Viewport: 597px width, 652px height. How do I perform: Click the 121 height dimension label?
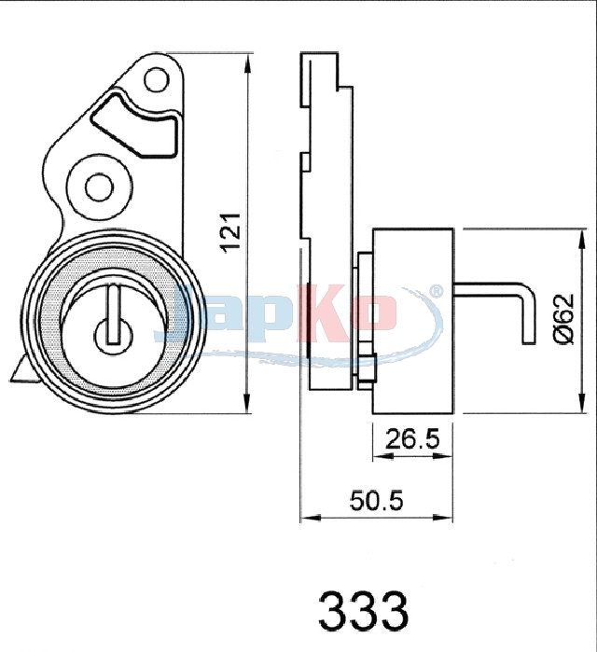point(231,232)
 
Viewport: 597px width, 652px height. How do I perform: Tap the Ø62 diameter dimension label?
point(564,319)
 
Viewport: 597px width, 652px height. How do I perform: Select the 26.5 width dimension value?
point(412,439)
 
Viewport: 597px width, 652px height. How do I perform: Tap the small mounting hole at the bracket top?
point(157,79)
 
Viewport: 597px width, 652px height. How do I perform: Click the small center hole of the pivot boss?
point(99,187)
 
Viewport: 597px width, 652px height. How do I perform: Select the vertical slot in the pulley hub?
point(113,314)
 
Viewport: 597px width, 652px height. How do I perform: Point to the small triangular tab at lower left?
point(23,371)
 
